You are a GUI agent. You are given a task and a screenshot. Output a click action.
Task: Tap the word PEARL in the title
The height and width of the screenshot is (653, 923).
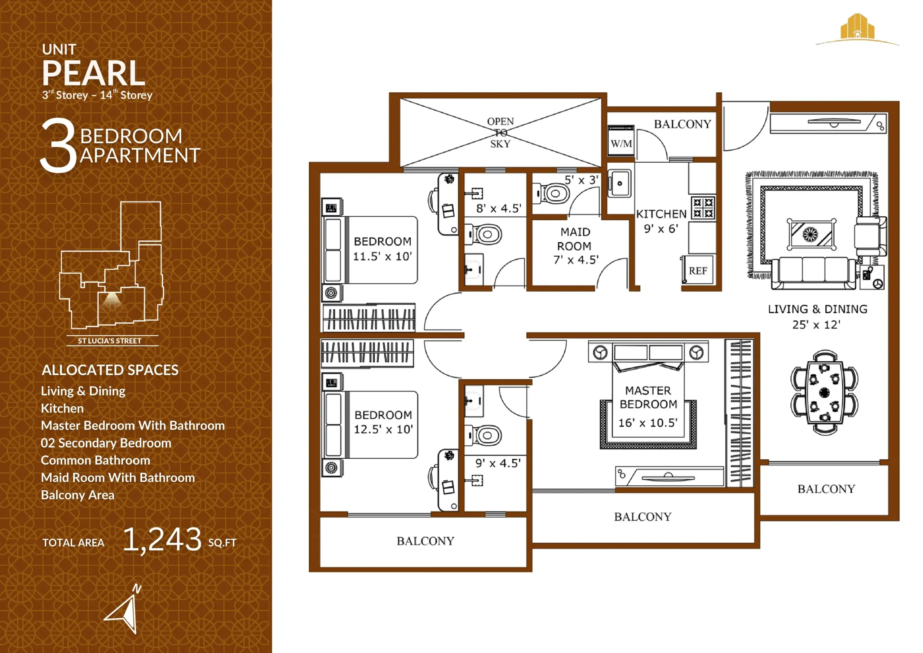[x=93, y=73]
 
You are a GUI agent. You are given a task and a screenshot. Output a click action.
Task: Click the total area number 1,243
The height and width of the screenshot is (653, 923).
[x=162, y=540]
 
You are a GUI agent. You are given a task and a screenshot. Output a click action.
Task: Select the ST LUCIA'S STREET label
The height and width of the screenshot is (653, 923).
[x=109, y=341]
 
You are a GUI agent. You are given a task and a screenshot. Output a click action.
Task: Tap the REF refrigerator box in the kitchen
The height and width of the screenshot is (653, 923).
[x=698, y=270]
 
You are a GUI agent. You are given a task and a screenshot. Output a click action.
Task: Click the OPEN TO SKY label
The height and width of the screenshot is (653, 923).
[x=500, y=132]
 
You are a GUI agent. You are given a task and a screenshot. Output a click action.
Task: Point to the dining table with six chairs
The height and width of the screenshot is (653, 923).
[x=824, y=392]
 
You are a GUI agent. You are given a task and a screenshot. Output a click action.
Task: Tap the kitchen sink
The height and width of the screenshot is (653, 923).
[x=619, y=184]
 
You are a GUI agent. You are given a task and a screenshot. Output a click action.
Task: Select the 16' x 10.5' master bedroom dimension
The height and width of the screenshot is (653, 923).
[x=648, y=423]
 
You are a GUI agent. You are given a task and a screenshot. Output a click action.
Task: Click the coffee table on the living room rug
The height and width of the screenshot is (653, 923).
[x=811, y=234]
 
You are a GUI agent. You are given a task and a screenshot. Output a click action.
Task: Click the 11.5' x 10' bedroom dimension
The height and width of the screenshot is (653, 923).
[x=382, y=256]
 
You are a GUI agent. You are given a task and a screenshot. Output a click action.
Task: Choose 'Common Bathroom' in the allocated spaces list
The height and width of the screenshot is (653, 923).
[x=95, y=460]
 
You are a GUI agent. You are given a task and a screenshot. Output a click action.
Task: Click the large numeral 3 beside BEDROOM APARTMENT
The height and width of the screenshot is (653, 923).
[x=59, y=146]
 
